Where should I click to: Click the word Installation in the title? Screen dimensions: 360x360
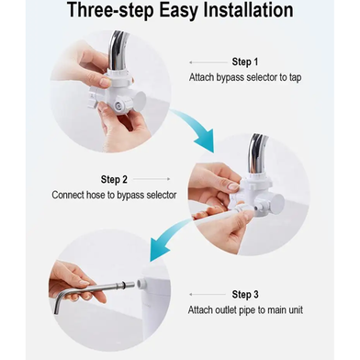coord(248,10)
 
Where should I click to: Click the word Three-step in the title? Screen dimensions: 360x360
coord(110,11)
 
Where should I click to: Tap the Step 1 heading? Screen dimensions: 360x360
coord(245,62)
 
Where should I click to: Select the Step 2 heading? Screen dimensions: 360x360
coord(114,179)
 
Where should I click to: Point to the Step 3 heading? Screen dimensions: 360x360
coord(245,295)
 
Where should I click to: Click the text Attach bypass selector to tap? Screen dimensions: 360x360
coord(245,77)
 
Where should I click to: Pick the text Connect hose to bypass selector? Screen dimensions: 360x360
coord(114,195)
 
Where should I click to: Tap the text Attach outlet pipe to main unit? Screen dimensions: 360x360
coord(245,310)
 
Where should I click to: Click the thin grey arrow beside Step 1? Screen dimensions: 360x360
coord(208,62)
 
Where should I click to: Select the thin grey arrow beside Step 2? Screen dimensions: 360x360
coord(152,179)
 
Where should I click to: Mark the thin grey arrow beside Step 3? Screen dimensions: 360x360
coord(208,295)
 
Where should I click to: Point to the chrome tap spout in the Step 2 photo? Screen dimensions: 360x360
coord(257,154)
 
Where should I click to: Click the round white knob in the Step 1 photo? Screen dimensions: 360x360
coord(141,100)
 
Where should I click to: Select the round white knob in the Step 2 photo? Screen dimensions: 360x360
coord(277,203)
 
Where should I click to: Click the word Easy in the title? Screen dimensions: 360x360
coord(179,11)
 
